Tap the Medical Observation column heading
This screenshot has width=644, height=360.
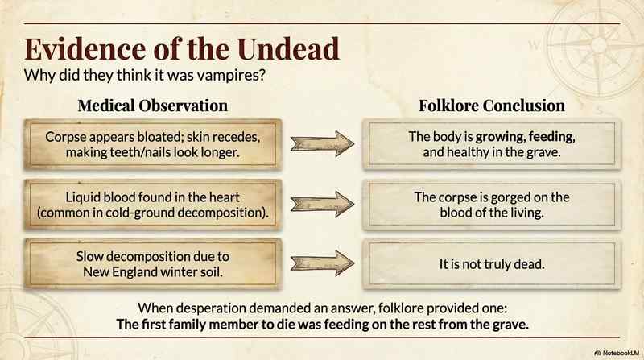pyautogui.click(x=153, y=106)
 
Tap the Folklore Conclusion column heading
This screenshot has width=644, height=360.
pyautogui.click(x=491, y=106)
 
